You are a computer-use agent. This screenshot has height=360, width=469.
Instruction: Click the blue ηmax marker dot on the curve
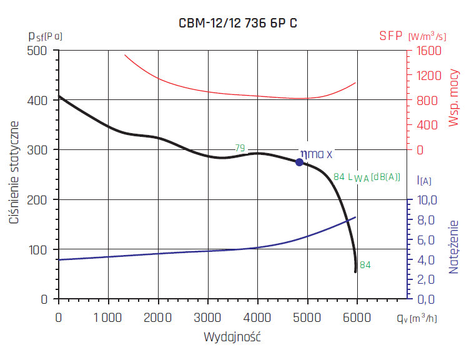pyautogui.click(x=299, y=162)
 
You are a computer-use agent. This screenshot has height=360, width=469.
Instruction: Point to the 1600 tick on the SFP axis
pyautogui.click(x=428, y=51)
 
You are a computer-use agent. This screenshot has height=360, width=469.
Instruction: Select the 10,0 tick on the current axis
pyautogui.click(x=427, y=199)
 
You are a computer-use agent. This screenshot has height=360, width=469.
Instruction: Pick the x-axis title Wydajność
pyautogui.click(x=232, y=337)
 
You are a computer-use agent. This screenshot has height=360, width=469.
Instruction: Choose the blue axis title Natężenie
pyautogui.click(x=454, y=247)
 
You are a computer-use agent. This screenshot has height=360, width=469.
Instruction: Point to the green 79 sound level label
pyautogui.click(x=239, y=148)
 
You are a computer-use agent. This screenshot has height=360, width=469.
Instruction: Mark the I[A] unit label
pyautogui.click(x=425, y=181)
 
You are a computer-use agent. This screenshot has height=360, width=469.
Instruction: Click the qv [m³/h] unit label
pyautogui.click(x=416, y=318)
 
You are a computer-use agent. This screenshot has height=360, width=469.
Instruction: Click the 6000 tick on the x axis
pyautogui.click(x=357, y=317)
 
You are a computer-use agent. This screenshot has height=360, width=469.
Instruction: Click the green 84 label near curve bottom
pyautogui.click(x=365, y=264)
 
